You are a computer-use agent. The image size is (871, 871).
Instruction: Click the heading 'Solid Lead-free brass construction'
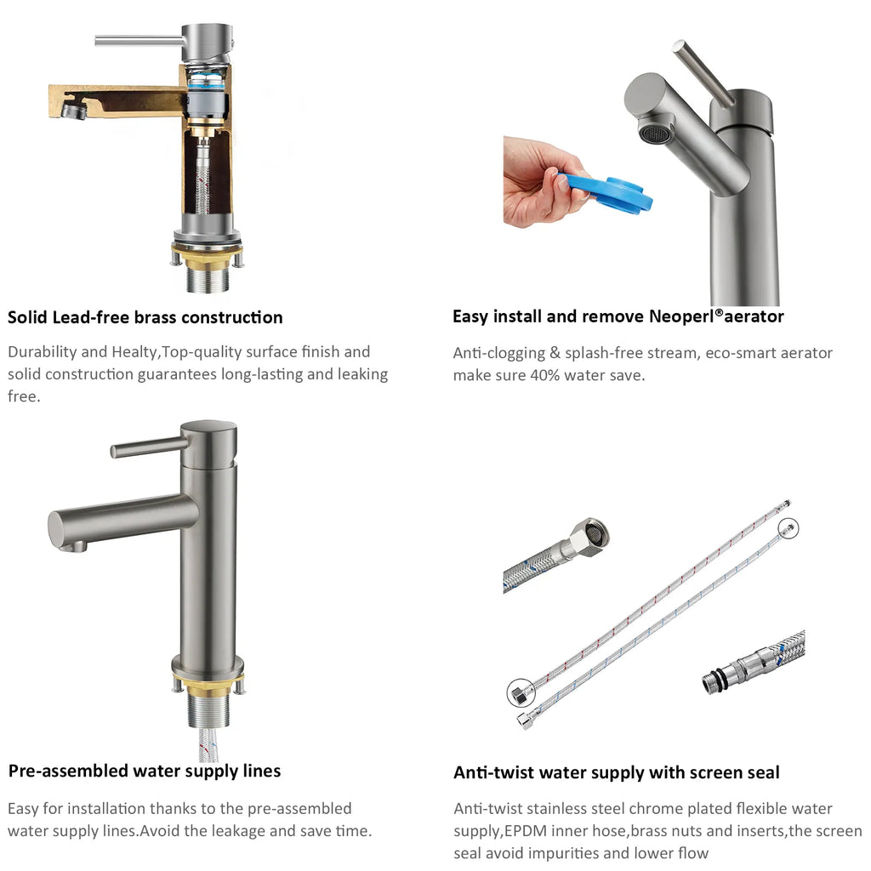click(x=145, y=317)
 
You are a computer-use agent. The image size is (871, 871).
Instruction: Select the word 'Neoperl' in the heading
click(x=681, y=316)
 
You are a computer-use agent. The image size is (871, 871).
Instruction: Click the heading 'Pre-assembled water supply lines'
click(x=145, y=771)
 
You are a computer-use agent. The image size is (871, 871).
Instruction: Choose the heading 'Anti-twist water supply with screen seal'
click(x=617, y=772)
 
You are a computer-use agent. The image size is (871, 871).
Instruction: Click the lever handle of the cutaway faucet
click(x=139, y=41)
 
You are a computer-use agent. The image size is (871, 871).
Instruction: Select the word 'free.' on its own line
click(x=24, y=396)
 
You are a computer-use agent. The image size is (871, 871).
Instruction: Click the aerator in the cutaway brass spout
click(x=74, y=109)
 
